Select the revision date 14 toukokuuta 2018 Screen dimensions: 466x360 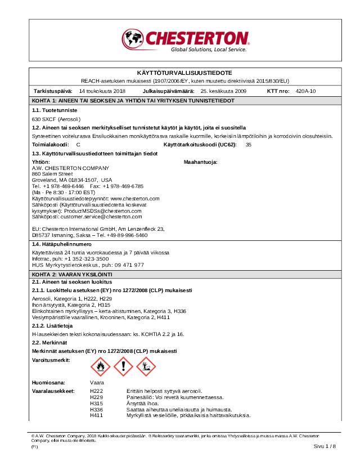pyautogui.click(x=102, y=91)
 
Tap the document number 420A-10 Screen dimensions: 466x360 pyautogui.click(x=305, y=91)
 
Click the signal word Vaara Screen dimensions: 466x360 pyautogui.click(x=97, y=383)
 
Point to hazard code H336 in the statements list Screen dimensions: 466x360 pyautogui.click(x=96, y=410)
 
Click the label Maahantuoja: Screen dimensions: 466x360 pyautogui.click(x=200, y=162)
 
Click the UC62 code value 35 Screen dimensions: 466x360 pyautogui.click(x=248, y=145)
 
